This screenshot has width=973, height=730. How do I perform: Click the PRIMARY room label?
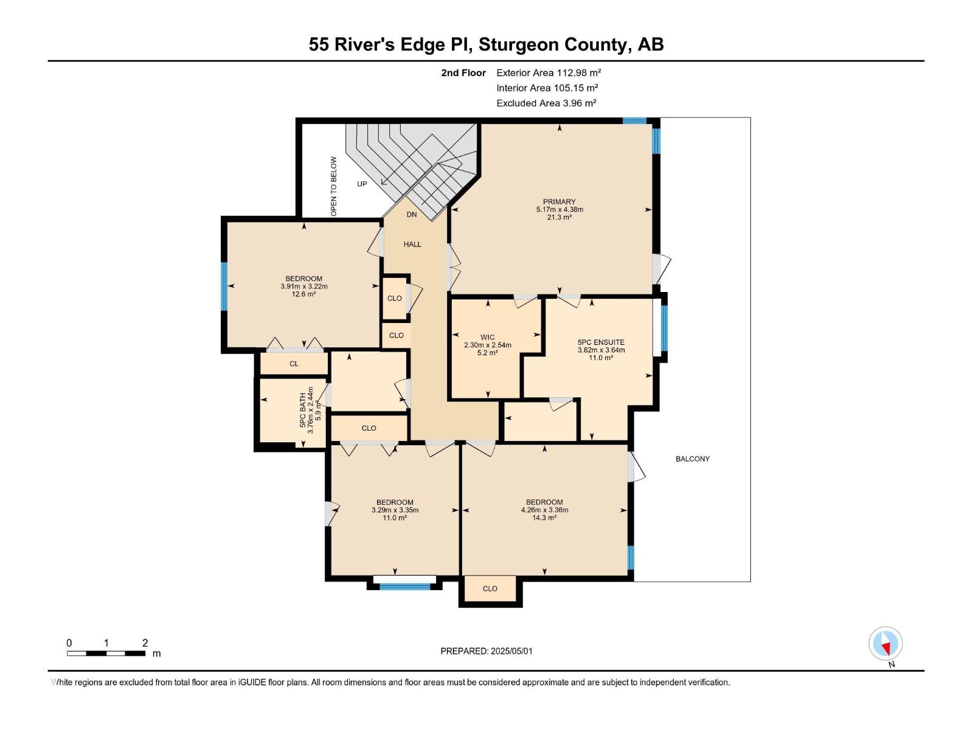tap(559, 202)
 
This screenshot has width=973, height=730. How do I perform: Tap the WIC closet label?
tap(487, 337)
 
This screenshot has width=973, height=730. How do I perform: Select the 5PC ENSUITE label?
tap(601, 342)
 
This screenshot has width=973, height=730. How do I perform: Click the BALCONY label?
tap(693, 459)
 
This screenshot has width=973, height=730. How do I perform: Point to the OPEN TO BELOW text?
tap(333, 187)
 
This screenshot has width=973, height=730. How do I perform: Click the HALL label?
tap(412, 245)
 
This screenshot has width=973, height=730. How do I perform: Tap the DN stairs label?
tap(412, 215)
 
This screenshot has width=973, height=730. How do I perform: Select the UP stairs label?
tap(362, 184)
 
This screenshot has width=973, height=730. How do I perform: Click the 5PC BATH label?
tap(303, 410)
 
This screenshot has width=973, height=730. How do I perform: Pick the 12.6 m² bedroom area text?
tap(303, 294)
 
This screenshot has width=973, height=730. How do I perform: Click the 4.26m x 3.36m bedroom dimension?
tap(544, 510)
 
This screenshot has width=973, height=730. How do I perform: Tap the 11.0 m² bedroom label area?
tap(395, 518)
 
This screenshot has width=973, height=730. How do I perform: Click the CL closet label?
tap(294, 364)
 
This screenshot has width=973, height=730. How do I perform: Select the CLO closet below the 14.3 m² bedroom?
tap(490, 589)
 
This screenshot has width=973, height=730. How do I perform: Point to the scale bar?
tap(106, 653)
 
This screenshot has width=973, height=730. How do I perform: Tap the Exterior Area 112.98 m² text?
tap(549, 73)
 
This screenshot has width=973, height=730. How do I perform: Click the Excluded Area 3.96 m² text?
tap(546, 103)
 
